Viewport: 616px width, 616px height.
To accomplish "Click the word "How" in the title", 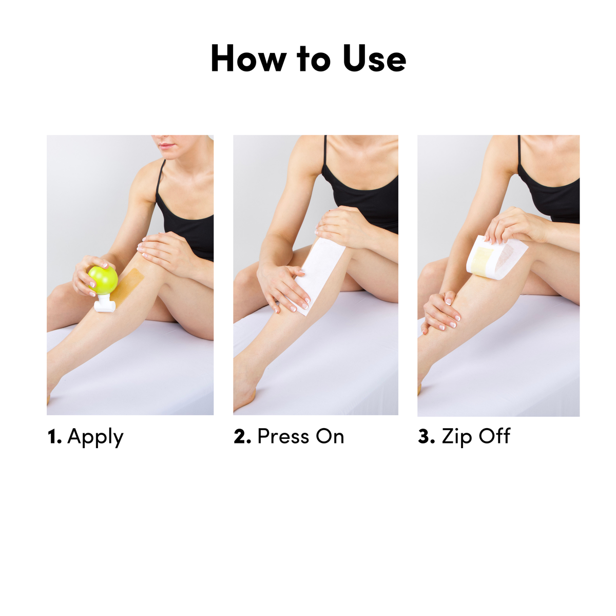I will [247, 59].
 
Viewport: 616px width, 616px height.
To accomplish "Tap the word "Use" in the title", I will [374, 59].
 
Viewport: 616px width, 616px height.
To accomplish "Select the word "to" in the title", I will [314, 59].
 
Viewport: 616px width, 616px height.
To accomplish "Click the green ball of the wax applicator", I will [103, 279].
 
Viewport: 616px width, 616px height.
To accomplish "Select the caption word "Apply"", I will [95, 437].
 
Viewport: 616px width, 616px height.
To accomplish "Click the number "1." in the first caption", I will [54, 437].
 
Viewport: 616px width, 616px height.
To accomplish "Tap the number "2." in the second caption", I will [242, 437].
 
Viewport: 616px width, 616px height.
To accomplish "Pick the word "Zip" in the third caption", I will [457, 437].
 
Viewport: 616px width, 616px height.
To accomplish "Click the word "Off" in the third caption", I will [494, 436].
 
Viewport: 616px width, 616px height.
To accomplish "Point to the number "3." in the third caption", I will [427, 437].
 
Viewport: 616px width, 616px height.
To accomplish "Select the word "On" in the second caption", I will [330, 436].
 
